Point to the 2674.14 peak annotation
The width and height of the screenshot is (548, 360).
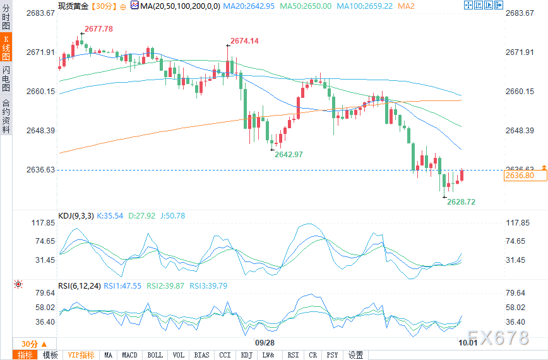point(244,40)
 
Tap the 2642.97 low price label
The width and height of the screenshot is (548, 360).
point(289,155)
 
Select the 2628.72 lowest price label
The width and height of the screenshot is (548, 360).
point(461,201)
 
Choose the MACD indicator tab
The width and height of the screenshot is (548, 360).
point(130,355)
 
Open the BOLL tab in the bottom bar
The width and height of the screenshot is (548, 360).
point(155,355)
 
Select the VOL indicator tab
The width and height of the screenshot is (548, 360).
point(179,355)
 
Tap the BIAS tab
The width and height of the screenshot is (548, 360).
point(202,355)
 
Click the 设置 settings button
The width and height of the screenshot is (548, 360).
point(356,355)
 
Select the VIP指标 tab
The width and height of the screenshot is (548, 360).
point(81,355)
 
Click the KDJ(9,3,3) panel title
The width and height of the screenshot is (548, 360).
point(76,216)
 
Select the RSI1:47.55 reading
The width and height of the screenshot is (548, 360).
point(122,285)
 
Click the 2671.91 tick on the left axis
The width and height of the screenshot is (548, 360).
point(39,52)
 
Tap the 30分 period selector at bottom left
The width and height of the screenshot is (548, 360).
point(30,344)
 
